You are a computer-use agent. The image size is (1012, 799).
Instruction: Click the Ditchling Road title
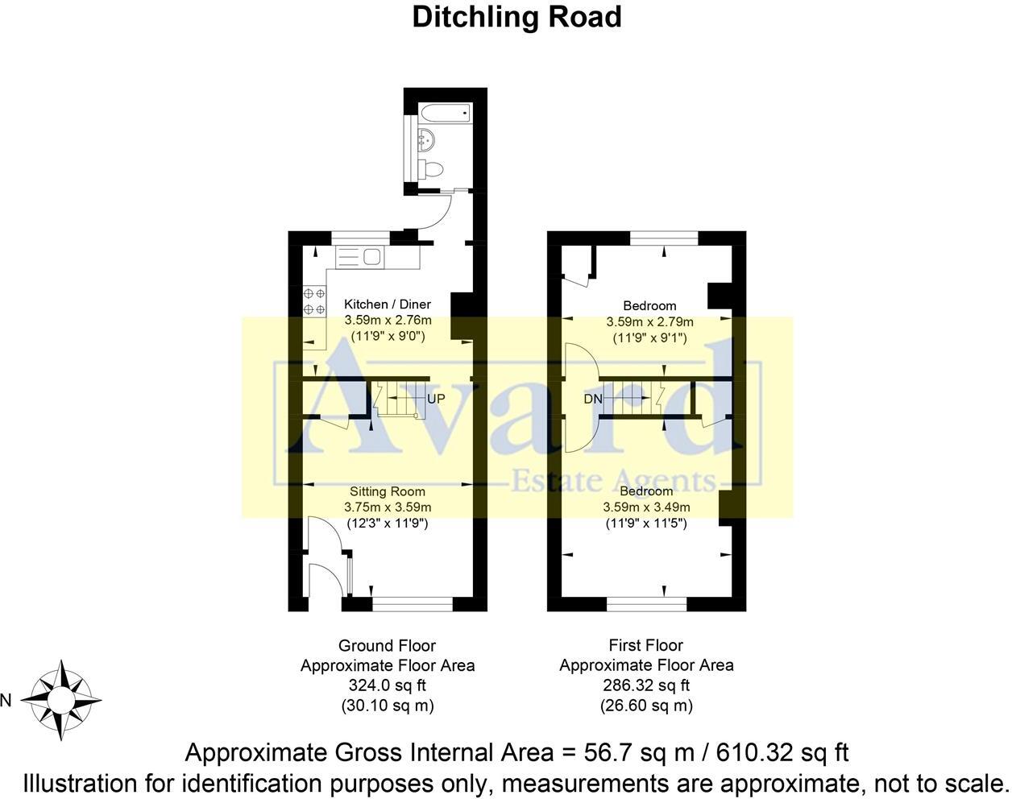tap(516, 17)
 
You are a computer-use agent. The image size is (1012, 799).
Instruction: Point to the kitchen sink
tap(371, 257)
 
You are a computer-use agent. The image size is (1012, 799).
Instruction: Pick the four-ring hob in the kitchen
tap(314, 300)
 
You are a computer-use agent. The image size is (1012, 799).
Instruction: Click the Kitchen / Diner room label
tap(388, 304)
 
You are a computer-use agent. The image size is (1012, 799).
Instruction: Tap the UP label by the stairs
tap(436, 399)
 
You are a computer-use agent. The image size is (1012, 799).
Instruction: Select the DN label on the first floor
tap(592, 399)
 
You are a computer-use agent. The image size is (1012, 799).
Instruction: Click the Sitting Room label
tap(388, 491)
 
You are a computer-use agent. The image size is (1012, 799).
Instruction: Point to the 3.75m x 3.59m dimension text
tap(388, 507)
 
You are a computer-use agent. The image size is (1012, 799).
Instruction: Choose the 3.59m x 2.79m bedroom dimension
tap(649, 322)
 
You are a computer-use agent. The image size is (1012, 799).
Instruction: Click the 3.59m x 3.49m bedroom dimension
tap(646, 507)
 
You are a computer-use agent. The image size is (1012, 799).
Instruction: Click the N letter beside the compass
tap(6, 701)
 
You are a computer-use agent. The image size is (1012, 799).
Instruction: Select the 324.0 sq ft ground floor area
tap(388, 686)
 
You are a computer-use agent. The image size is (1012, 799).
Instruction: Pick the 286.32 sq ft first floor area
tap(646, 686)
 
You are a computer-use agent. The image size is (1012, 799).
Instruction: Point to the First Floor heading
tap(646, 645)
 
